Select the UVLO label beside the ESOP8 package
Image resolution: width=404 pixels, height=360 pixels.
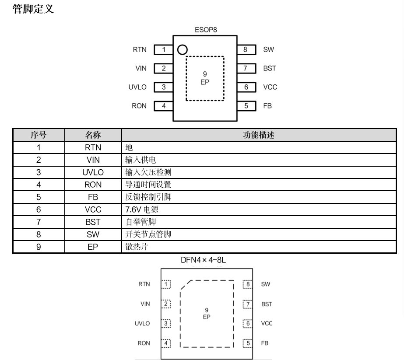137,87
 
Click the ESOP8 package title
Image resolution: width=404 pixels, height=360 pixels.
206,30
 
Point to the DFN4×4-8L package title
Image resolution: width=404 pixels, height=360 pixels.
204,260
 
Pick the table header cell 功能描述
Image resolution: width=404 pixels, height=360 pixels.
258,135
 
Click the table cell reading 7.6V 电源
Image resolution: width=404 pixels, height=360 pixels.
142,210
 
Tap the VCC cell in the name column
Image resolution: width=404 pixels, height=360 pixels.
93,210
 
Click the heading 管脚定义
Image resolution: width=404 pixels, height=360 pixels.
33,9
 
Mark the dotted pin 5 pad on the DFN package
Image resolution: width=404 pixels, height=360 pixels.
248,343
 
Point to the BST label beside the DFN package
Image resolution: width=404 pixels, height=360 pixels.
267,304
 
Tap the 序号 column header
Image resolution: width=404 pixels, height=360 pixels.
39,135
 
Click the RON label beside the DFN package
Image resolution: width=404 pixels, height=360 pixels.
144,343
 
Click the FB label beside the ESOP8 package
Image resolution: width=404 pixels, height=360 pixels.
267,106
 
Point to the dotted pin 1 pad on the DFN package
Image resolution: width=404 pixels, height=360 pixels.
166,284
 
